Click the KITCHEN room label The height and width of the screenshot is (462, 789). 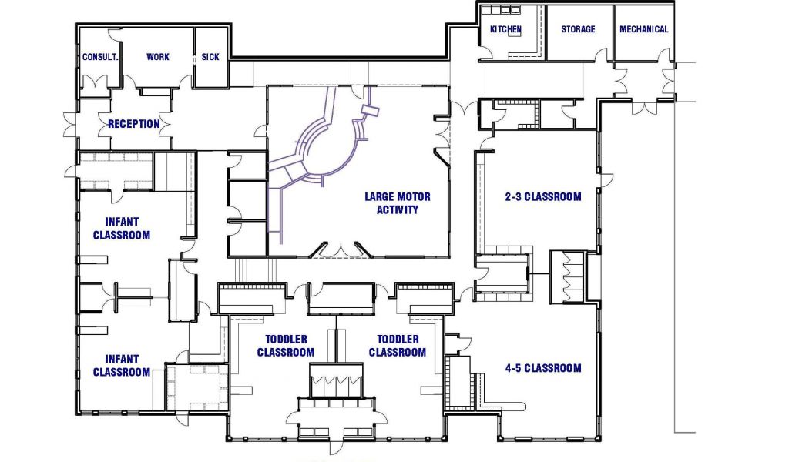[x=505, y=29]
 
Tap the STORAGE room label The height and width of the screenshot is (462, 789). [x=578, y=29]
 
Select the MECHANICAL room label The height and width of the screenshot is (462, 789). [x=644, y=29]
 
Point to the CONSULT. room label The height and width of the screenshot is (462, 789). [x=100, y=57]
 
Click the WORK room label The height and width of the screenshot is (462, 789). [x=158, y=57]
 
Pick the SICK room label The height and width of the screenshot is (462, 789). [x=210, y=57]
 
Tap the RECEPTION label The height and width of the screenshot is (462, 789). [x=134, y=124]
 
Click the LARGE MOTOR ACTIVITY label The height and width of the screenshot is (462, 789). [x=398, y=203]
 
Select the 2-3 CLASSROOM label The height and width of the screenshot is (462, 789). [x=543, y=196]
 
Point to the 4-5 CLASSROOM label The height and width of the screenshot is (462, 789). [x=543, y=368]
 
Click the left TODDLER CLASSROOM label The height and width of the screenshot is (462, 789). [x=286, y=346]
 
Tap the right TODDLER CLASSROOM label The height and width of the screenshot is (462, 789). [x=398, y=346]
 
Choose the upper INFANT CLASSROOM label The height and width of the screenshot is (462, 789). [x=122, y=228]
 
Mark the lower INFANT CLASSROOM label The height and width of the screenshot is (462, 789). [x=122, y=366]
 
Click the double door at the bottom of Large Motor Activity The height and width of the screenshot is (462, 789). [x=342, y=249]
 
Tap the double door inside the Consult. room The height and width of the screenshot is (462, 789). [x=95, y=82]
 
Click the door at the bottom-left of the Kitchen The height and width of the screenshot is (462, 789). [x=485, y=53]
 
